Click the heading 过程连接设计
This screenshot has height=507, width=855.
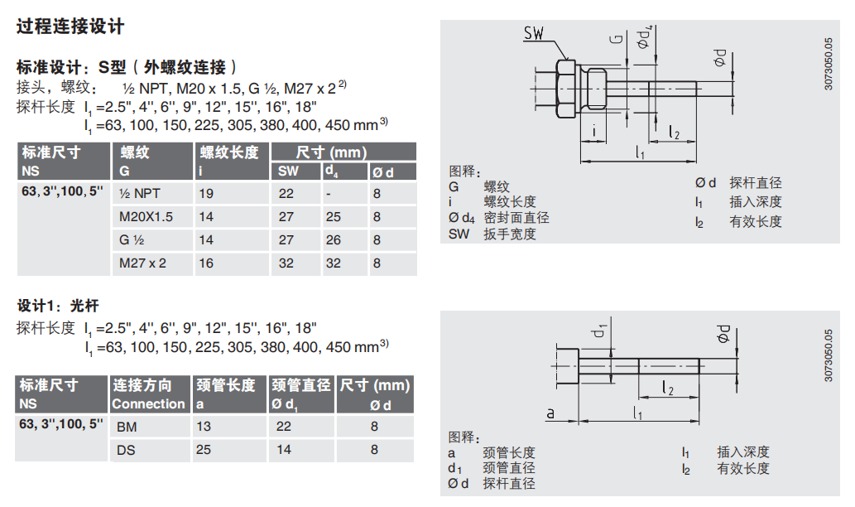coord(70,27)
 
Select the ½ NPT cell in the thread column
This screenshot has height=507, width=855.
coord(140,194)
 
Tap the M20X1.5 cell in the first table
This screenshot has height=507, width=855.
coord(147,217)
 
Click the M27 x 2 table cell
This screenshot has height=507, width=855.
coord(143,263)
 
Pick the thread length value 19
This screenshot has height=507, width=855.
coord(206,194)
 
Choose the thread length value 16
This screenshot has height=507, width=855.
coord(206,263)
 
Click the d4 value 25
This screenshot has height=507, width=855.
coord(333,217)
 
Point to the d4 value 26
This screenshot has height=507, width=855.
coord(333,240)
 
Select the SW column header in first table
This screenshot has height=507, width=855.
coord(287,172)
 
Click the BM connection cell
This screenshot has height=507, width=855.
coord(127,427)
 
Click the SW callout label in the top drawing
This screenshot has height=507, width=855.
coord(535,33)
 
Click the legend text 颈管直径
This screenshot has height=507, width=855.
coord(509,468)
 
